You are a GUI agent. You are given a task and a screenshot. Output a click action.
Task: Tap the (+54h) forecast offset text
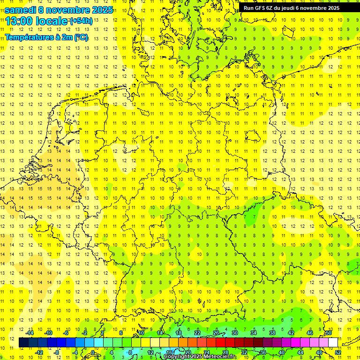coord(81,21)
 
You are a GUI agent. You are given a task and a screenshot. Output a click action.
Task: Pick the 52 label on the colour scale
coord(338,352)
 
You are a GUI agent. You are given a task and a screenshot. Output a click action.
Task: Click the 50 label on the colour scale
coord(329,333)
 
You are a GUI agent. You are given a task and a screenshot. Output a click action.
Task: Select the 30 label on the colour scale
coord(234,333)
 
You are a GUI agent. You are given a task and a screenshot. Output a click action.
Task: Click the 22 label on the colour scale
coord(197,333)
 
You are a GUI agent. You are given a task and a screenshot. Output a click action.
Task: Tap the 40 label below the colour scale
coord(282,352)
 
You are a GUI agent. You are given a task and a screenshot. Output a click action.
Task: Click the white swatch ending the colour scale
coord(333,343)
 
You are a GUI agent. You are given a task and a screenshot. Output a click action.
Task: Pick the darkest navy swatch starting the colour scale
coord(23,343)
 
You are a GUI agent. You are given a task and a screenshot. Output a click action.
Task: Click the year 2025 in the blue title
coord(101,9)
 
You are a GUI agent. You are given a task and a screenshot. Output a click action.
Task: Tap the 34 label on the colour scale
coord(253,333)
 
